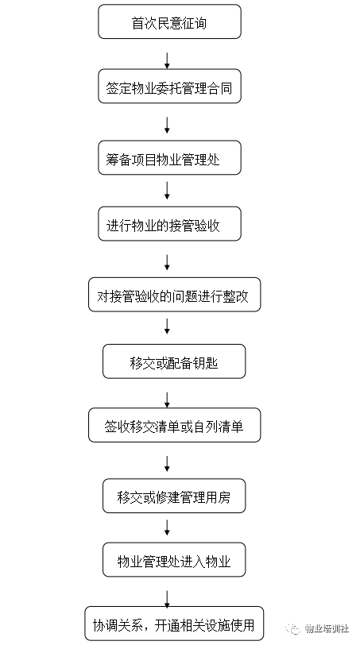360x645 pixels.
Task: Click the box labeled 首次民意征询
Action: (x=169, y=21)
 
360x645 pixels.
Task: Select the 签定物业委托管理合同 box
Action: (x=169, y=87)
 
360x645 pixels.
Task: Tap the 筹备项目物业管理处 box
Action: (x=169, y=158)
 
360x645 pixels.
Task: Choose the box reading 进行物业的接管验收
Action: (x=169, y=224)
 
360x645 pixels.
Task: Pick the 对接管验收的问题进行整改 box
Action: (x=175, y=295)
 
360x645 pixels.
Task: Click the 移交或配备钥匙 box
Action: (x=174, y=361)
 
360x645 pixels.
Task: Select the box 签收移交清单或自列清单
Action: (x=175, y=425)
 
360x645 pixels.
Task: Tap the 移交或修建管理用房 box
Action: (x=174, y=496)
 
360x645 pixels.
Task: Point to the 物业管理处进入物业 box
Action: (x=174, y=560)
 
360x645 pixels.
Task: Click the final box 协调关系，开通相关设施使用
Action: (x=174, y=624)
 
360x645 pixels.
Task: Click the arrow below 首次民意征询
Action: (x=167, y=60)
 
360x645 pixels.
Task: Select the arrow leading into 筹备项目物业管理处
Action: (x=167, y=126)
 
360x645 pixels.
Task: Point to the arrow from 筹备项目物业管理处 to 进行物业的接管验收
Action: (x=167, y=191)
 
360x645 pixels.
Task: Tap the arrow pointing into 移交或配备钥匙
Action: (x=167, y=326)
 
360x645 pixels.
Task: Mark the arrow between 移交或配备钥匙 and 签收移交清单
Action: (x=167, y=400)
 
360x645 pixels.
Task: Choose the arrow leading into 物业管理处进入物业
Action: (x=167, y=527)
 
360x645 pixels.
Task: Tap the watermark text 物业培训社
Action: (x=327, y=629)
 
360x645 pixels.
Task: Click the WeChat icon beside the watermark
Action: (x=293, y=629)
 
